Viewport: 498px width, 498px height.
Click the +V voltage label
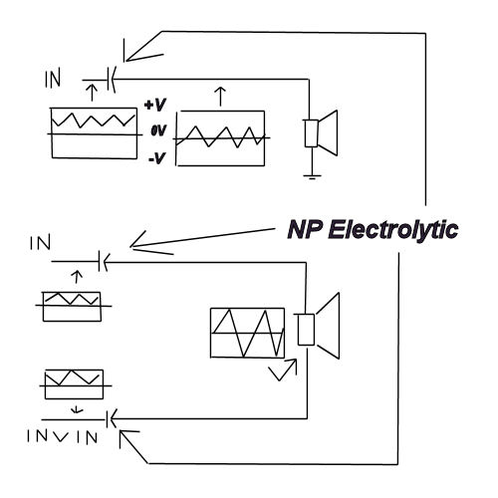155,105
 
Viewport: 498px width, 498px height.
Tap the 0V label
158,130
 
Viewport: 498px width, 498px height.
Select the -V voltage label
157,157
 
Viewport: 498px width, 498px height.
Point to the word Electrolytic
393,230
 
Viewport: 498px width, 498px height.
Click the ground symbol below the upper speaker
312,176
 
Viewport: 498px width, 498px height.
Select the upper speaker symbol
321,132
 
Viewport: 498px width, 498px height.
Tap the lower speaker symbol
317,326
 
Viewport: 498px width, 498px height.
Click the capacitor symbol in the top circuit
112,80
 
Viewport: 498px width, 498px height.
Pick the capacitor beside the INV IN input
111,419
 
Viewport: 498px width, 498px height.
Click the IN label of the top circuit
53,78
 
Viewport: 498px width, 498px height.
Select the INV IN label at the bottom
62,436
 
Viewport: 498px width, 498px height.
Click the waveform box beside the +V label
95,133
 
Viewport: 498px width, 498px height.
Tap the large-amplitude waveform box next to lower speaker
248,333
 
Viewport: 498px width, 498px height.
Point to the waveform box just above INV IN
74,384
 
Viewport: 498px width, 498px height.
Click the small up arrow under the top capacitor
92,93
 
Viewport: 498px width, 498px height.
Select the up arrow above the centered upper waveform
220,97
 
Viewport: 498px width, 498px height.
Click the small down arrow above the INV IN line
77,409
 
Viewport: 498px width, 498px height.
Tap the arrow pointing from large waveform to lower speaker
283,370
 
